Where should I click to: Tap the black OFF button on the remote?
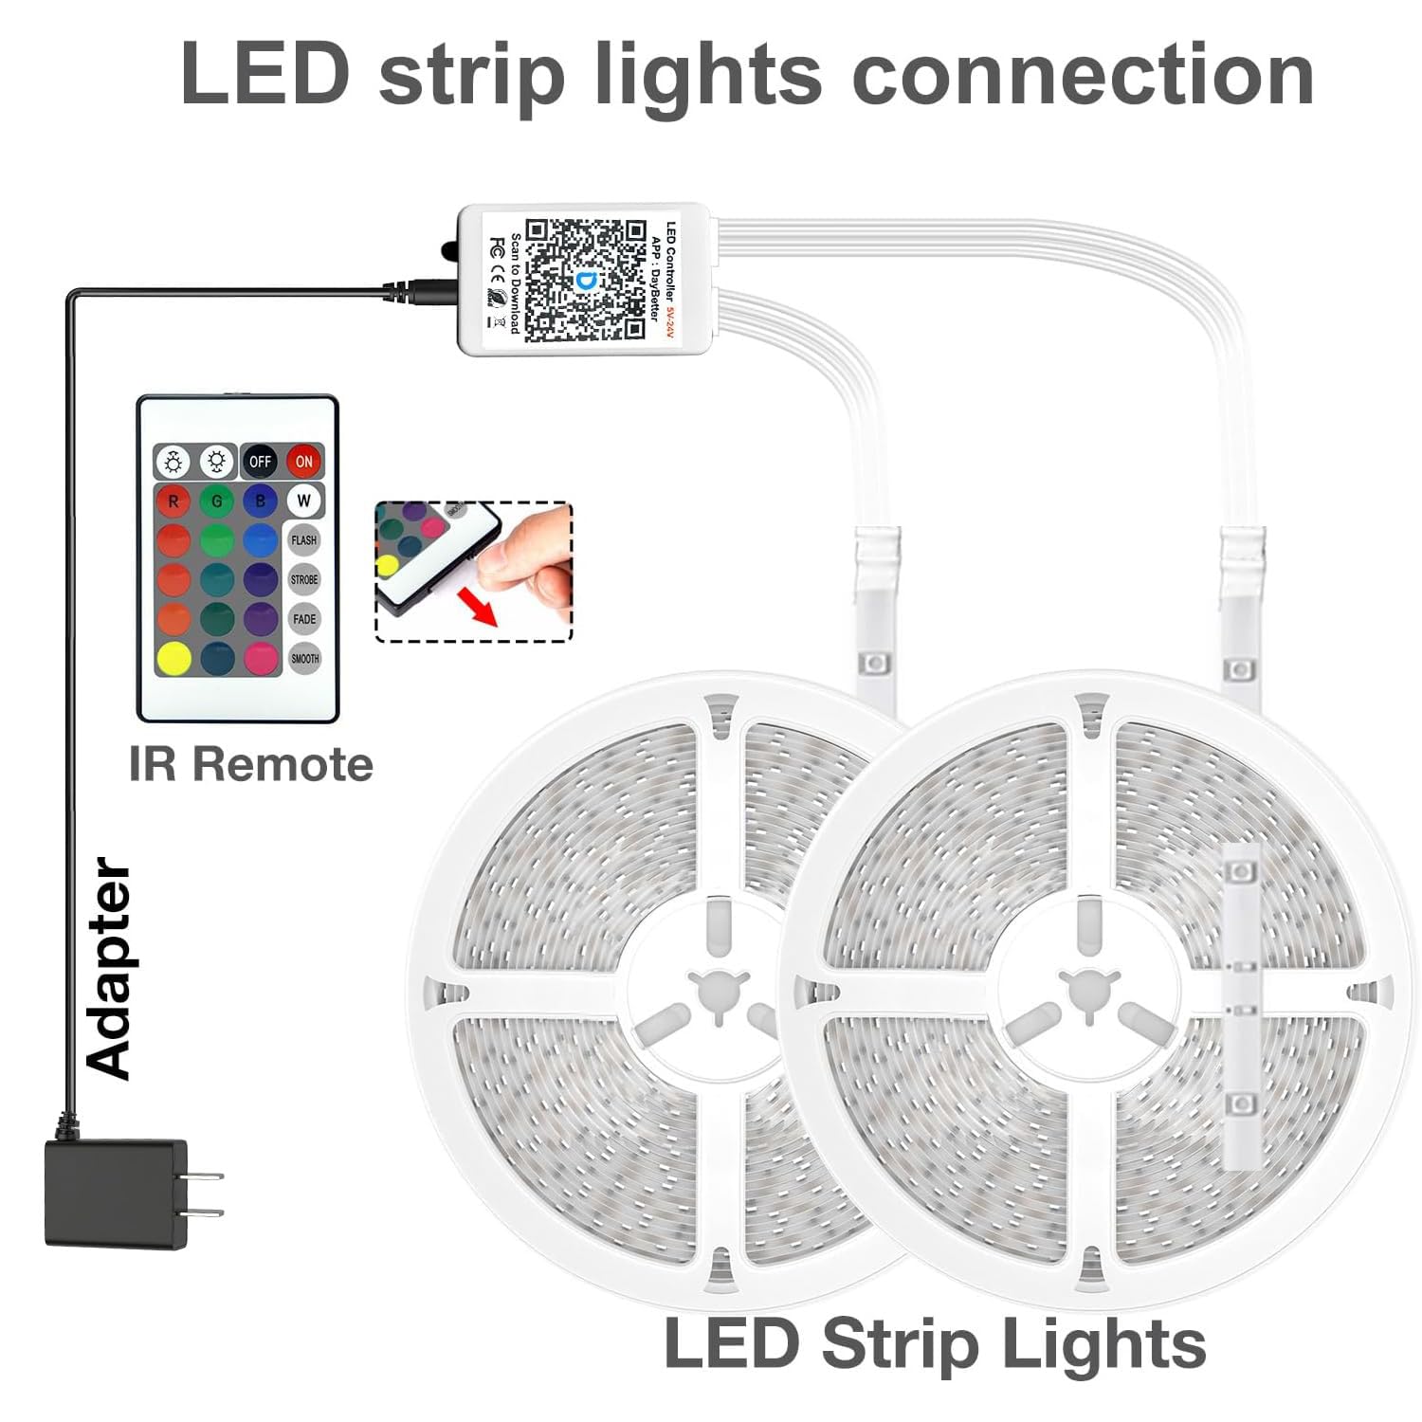[x=260, y=462]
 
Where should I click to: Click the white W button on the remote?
[x=303, y=500]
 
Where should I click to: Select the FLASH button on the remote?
[x=303, y=540]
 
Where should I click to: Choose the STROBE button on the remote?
[x=303, y=579]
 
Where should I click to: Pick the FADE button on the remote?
[x=303, y=619]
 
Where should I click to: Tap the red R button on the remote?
[x=173, y=501]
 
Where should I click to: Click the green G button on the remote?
[x=217, y=501]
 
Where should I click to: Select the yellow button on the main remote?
[x=173, y=658]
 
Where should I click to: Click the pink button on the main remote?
[x=261, y=658]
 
